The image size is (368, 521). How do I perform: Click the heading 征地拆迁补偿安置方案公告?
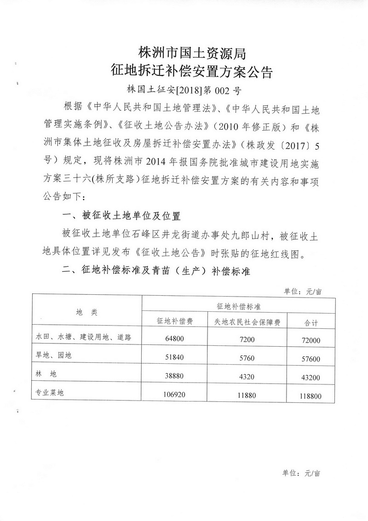point(193,71)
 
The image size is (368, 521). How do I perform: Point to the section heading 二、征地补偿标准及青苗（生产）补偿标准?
point(155,272)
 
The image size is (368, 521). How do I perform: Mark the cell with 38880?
point(174,376)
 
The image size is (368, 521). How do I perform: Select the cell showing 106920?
point(174,394)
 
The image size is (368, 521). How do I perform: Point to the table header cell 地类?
point(86,312)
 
